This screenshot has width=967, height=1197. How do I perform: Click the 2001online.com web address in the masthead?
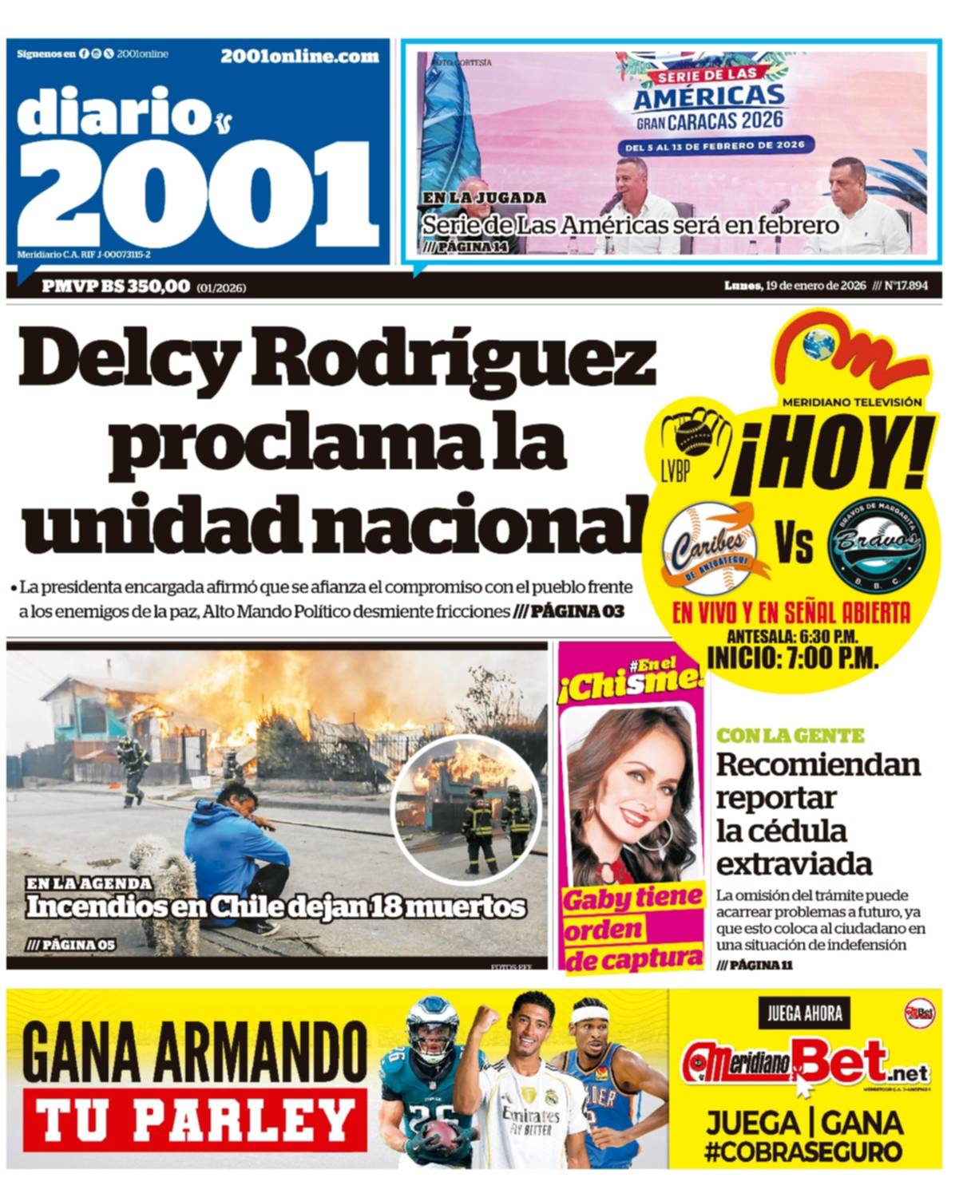pyautogui.click(x=299, y=56)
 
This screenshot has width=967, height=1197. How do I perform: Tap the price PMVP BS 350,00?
pyautogui.click(x=116, y=286)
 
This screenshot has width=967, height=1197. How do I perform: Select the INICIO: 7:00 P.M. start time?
pyautogui.click(x=792, y=658)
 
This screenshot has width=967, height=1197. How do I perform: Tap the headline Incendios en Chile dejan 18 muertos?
pyautogui.click(x=275, y=907)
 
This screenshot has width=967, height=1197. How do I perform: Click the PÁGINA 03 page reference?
pyautogui.click(x=577, y=612)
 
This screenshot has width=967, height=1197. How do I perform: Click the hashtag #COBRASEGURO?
pyautogui.click(x=803, y=1152)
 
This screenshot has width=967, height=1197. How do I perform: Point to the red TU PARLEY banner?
pyautogui.click(x=195, y=1120)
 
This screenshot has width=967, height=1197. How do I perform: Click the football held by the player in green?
pyautogui.click(x=437, y=1134)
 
